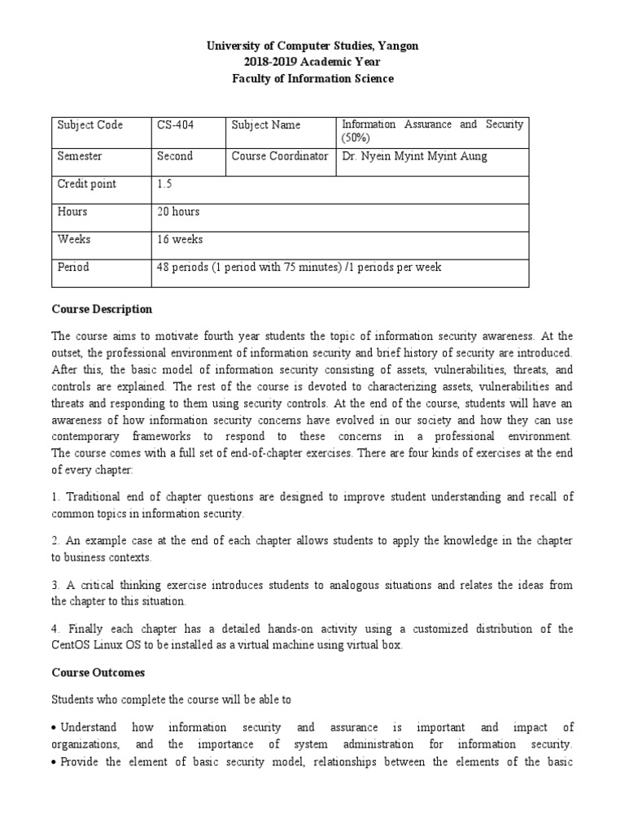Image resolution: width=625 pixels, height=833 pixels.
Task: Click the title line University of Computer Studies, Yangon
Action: coord(312,46)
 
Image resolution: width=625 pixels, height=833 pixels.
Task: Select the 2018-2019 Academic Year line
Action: coord(312,63)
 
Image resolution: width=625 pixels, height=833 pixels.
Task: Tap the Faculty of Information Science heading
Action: coord(312,79)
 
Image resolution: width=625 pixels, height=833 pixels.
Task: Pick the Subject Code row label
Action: coord(90,125)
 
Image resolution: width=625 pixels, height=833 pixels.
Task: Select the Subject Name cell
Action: coord(266,125)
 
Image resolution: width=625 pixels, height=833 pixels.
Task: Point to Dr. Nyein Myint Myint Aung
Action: coord(414,156)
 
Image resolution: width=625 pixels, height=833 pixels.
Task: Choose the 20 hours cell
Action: coord(177,212)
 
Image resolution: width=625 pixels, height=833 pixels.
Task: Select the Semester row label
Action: coord(80,156)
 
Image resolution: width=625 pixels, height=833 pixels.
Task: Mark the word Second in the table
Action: coord(175,156)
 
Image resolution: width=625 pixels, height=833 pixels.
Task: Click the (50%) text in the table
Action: coord(356,139)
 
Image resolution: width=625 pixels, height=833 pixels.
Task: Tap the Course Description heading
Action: coord(102,309)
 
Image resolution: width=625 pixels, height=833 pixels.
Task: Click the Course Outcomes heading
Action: coord(98,672)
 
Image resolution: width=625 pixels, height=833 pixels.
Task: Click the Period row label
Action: coord(73,267)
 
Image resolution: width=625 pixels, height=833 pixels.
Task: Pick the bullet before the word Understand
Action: coord(54,728)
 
